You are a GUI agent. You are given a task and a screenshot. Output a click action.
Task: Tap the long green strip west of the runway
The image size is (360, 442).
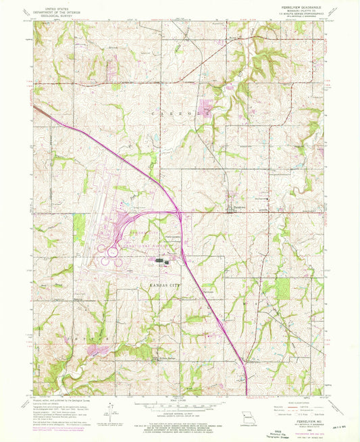(79, 228)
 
